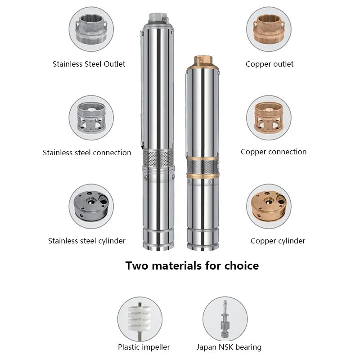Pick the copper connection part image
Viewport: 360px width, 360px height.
tap(269, 118)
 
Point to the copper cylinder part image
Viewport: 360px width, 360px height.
tap(269, 206)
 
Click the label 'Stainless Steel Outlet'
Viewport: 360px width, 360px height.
tap(89, 64)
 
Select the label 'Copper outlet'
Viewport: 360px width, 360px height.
tap(269, 64)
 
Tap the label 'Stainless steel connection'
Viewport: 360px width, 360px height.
tap(87, 153)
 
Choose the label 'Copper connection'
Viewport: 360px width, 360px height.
tap(273, 152)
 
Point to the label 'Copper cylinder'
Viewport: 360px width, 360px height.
tap(278, 241)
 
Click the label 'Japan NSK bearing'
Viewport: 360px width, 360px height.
tap(229, 347)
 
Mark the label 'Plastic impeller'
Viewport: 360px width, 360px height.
tap(144, 347)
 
